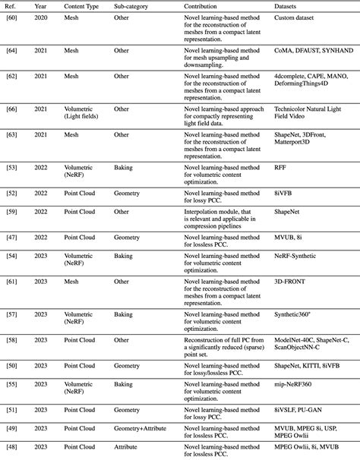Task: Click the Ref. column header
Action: coord(13,5)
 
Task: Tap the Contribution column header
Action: coord(205,5)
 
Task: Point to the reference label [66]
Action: coord(13,109)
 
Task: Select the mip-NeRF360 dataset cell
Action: coord(298,385)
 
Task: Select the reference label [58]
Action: coord(13,339)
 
